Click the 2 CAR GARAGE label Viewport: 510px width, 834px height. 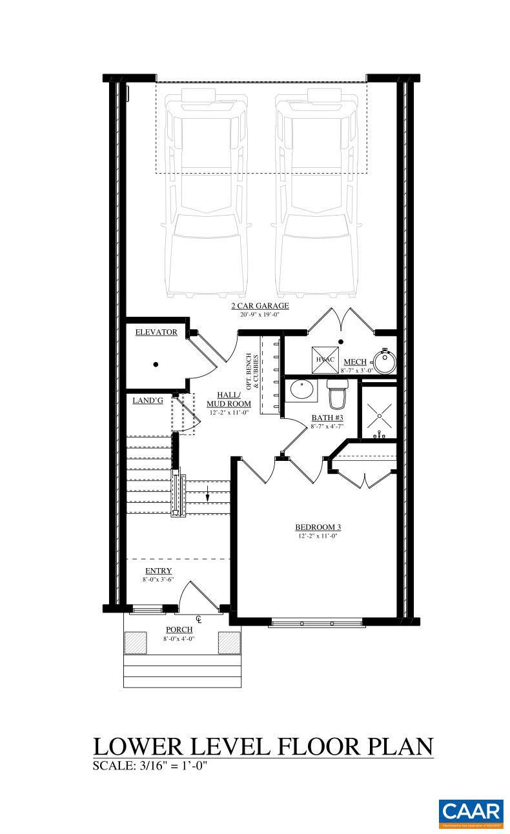pos(260,306)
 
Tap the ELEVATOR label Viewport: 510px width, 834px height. pos(156,332)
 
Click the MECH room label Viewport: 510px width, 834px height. pos(356,361)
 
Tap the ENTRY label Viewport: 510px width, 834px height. pos(158,571)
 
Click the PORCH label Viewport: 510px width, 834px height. pos(179,629)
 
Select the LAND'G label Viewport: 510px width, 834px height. pos(148,400)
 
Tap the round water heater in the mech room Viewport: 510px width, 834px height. pos(386,361)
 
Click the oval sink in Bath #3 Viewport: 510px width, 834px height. pos(301,391)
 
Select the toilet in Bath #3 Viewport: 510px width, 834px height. pos(337,394)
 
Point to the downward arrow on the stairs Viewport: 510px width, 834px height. pos(207,495)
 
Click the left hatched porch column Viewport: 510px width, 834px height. pos(136,642)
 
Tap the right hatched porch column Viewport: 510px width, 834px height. pos(229,642)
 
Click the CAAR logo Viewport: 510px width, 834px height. pos(471,813)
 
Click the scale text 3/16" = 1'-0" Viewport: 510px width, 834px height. pos(170,766)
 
